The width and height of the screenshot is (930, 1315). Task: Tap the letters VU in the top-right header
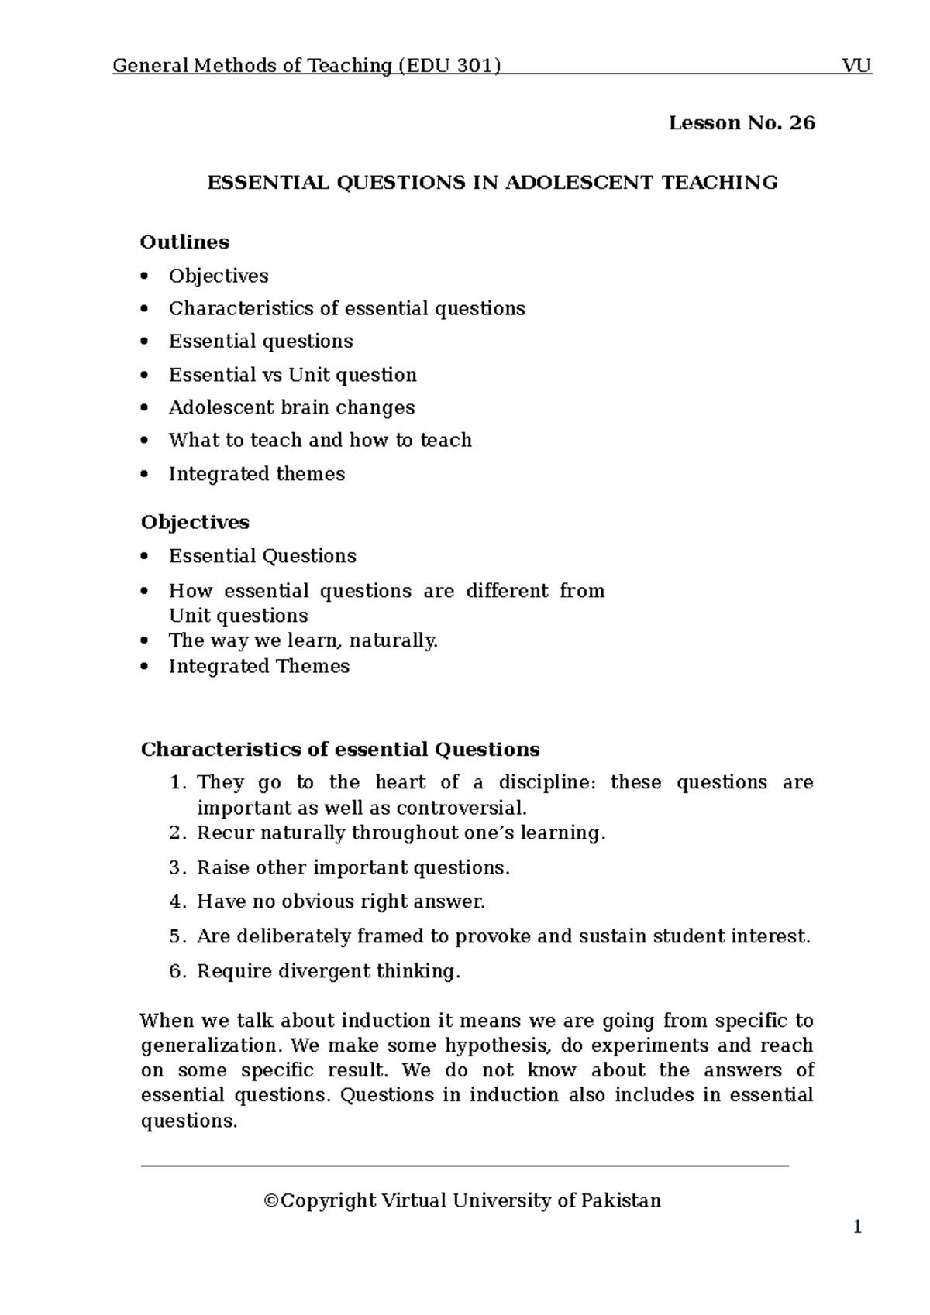856,66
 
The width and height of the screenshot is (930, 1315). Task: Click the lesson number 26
802,123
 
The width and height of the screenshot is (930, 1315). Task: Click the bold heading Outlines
184,242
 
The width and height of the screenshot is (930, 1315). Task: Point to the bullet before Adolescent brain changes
144,408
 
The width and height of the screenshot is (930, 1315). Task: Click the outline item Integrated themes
257,474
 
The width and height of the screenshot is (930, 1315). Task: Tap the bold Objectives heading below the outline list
195,523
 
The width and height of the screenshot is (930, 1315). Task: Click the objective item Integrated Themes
259,667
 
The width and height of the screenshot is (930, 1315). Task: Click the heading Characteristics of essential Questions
339,750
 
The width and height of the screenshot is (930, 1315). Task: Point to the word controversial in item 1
460,809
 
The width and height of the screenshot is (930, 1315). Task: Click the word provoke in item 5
493,937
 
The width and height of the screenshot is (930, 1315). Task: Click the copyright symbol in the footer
270,1201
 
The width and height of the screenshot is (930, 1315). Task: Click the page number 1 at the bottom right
857,1227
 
